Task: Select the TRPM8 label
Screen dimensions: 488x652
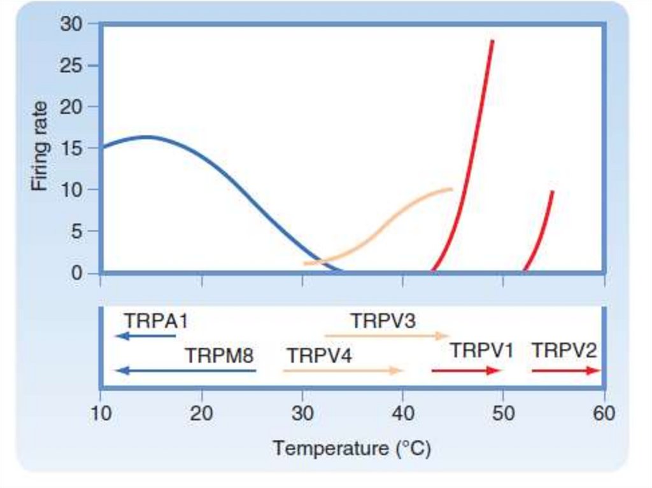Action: (x=218, y=355)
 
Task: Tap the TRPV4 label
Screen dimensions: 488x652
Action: (x=318, y=355)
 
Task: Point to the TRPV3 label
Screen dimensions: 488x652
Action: (x=383, y=320)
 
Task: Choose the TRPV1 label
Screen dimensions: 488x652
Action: (x=482, y=349)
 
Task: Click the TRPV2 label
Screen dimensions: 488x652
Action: (x=565, y=349)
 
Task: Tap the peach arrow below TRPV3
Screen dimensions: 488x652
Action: (x=386, y=335)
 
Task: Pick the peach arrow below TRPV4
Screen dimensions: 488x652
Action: (x=343, y=370)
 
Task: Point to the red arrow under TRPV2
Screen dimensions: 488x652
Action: (x=566, y=370)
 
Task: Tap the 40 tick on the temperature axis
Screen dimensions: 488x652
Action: (x=402, y=414)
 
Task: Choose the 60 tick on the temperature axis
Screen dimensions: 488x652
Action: (x=604, y=414)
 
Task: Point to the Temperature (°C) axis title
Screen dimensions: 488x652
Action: (x=351, y=449)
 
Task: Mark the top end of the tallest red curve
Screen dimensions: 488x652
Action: (x=492, y=41)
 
